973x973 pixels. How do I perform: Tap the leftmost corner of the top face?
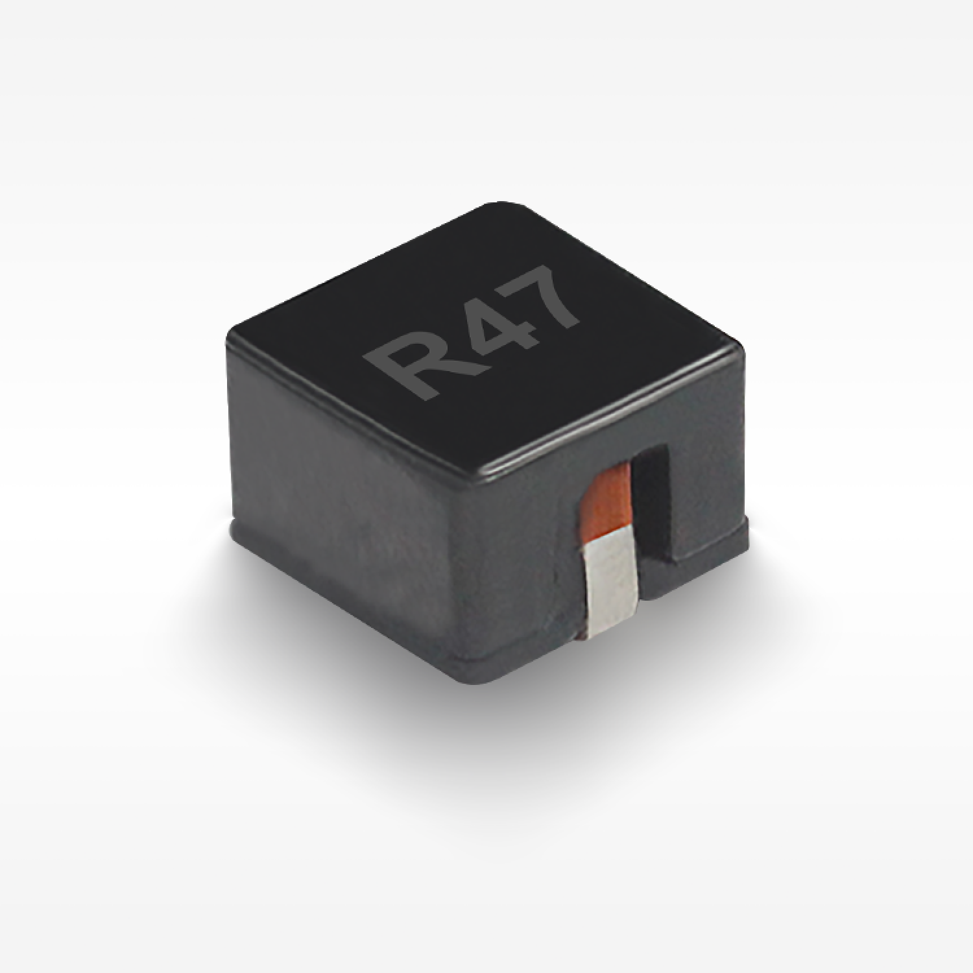click(x=228, y=336)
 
